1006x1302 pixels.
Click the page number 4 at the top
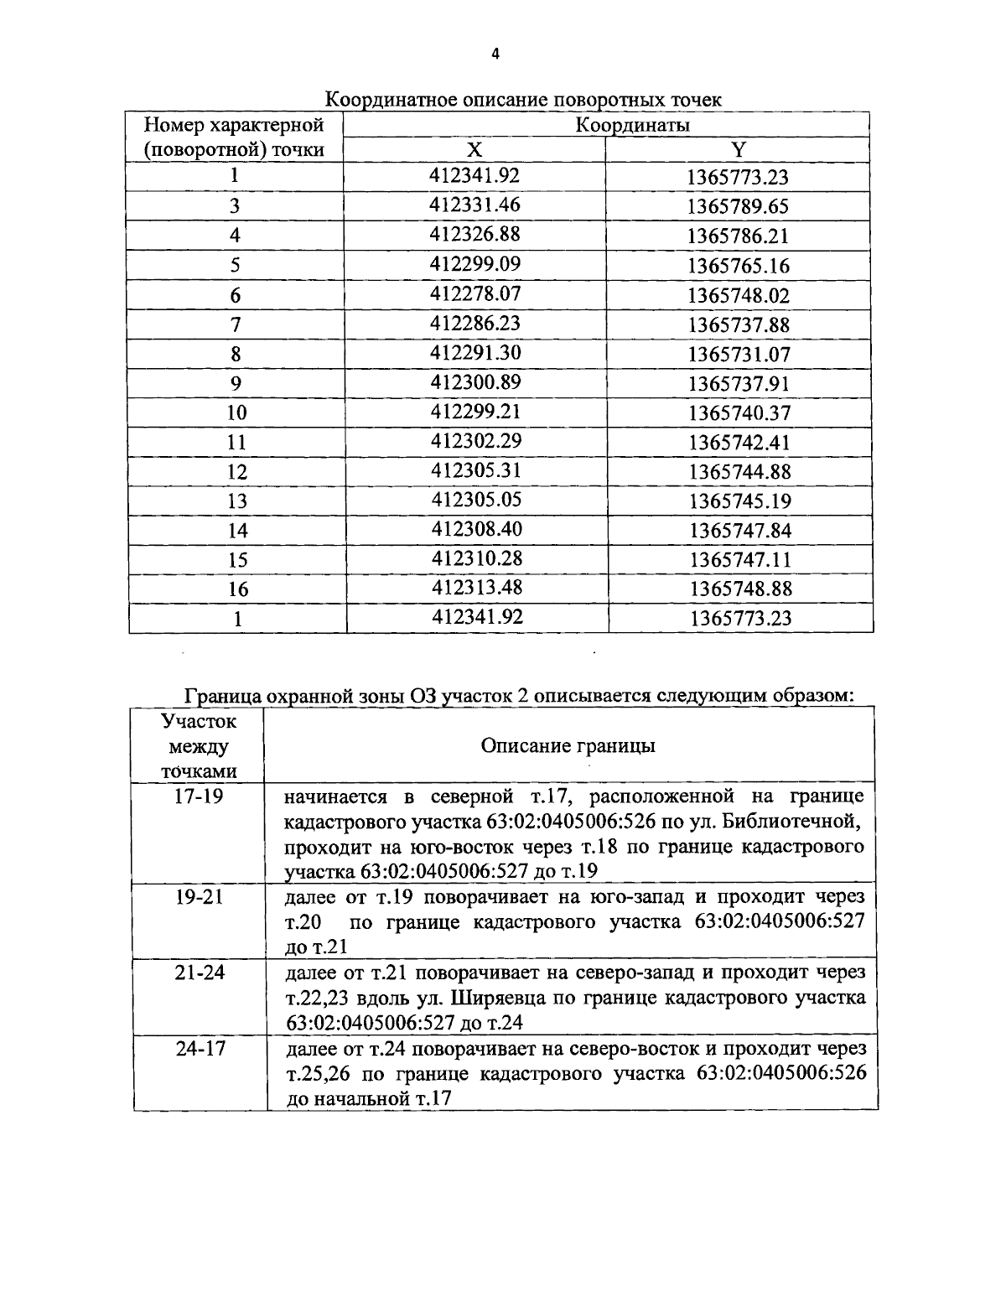tap(495, 54)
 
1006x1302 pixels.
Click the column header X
tap(474, 149)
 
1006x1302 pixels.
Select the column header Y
tap(738, 149)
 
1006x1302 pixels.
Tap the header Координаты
tap(633, 125)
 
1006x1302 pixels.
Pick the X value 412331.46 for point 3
tap(475, 205)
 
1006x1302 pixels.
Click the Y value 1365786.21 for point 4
tap(739, 236)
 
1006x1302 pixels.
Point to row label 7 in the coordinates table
tap(236, 324)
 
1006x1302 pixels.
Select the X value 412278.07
tap(475, 293)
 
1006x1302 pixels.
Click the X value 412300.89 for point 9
tap(475, 382)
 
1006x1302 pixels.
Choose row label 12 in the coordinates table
tap(237, 472)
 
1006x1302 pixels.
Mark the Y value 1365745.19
tap(740, 501)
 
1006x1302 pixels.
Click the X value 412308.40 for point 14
tap(476, 529)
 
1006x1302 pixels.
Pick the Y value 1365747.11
tap(740, 559)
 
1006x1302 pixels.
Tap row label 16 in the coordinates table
tap(238, 589)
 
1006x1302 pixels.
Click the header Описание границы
tap(568, 745)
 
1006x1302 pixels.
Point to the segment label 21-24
tap(200, 973)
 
